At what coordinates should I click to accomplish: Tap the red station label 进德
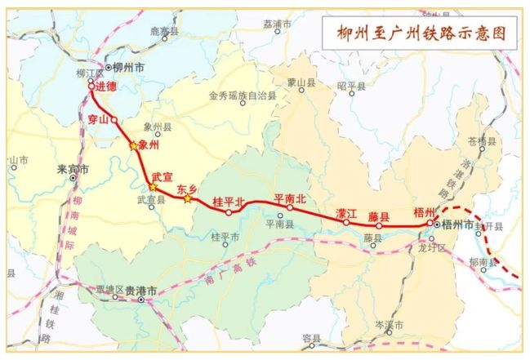105,86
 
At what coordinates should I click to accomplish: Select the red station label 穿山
98,120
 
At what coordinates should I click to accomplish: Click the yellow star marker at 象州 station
135,145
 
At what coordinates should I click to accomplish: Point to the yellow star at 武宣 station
153,187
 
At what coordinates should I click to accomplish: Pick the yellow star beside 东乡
188,199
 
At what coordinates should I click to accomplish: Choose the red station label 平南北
290,198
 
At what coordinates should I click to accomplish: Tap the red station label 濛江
346,213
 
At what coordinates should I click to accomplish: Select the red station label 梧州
424,211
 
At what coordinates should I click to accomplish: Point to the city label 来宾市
72,170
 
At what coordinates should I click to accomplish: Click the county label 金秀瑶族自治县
242,96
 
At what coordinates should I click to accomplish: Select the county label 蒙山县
301,82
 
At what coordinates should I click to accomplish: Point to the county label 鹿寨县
164,31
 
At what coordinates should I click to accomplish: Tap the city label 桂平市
225,238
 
